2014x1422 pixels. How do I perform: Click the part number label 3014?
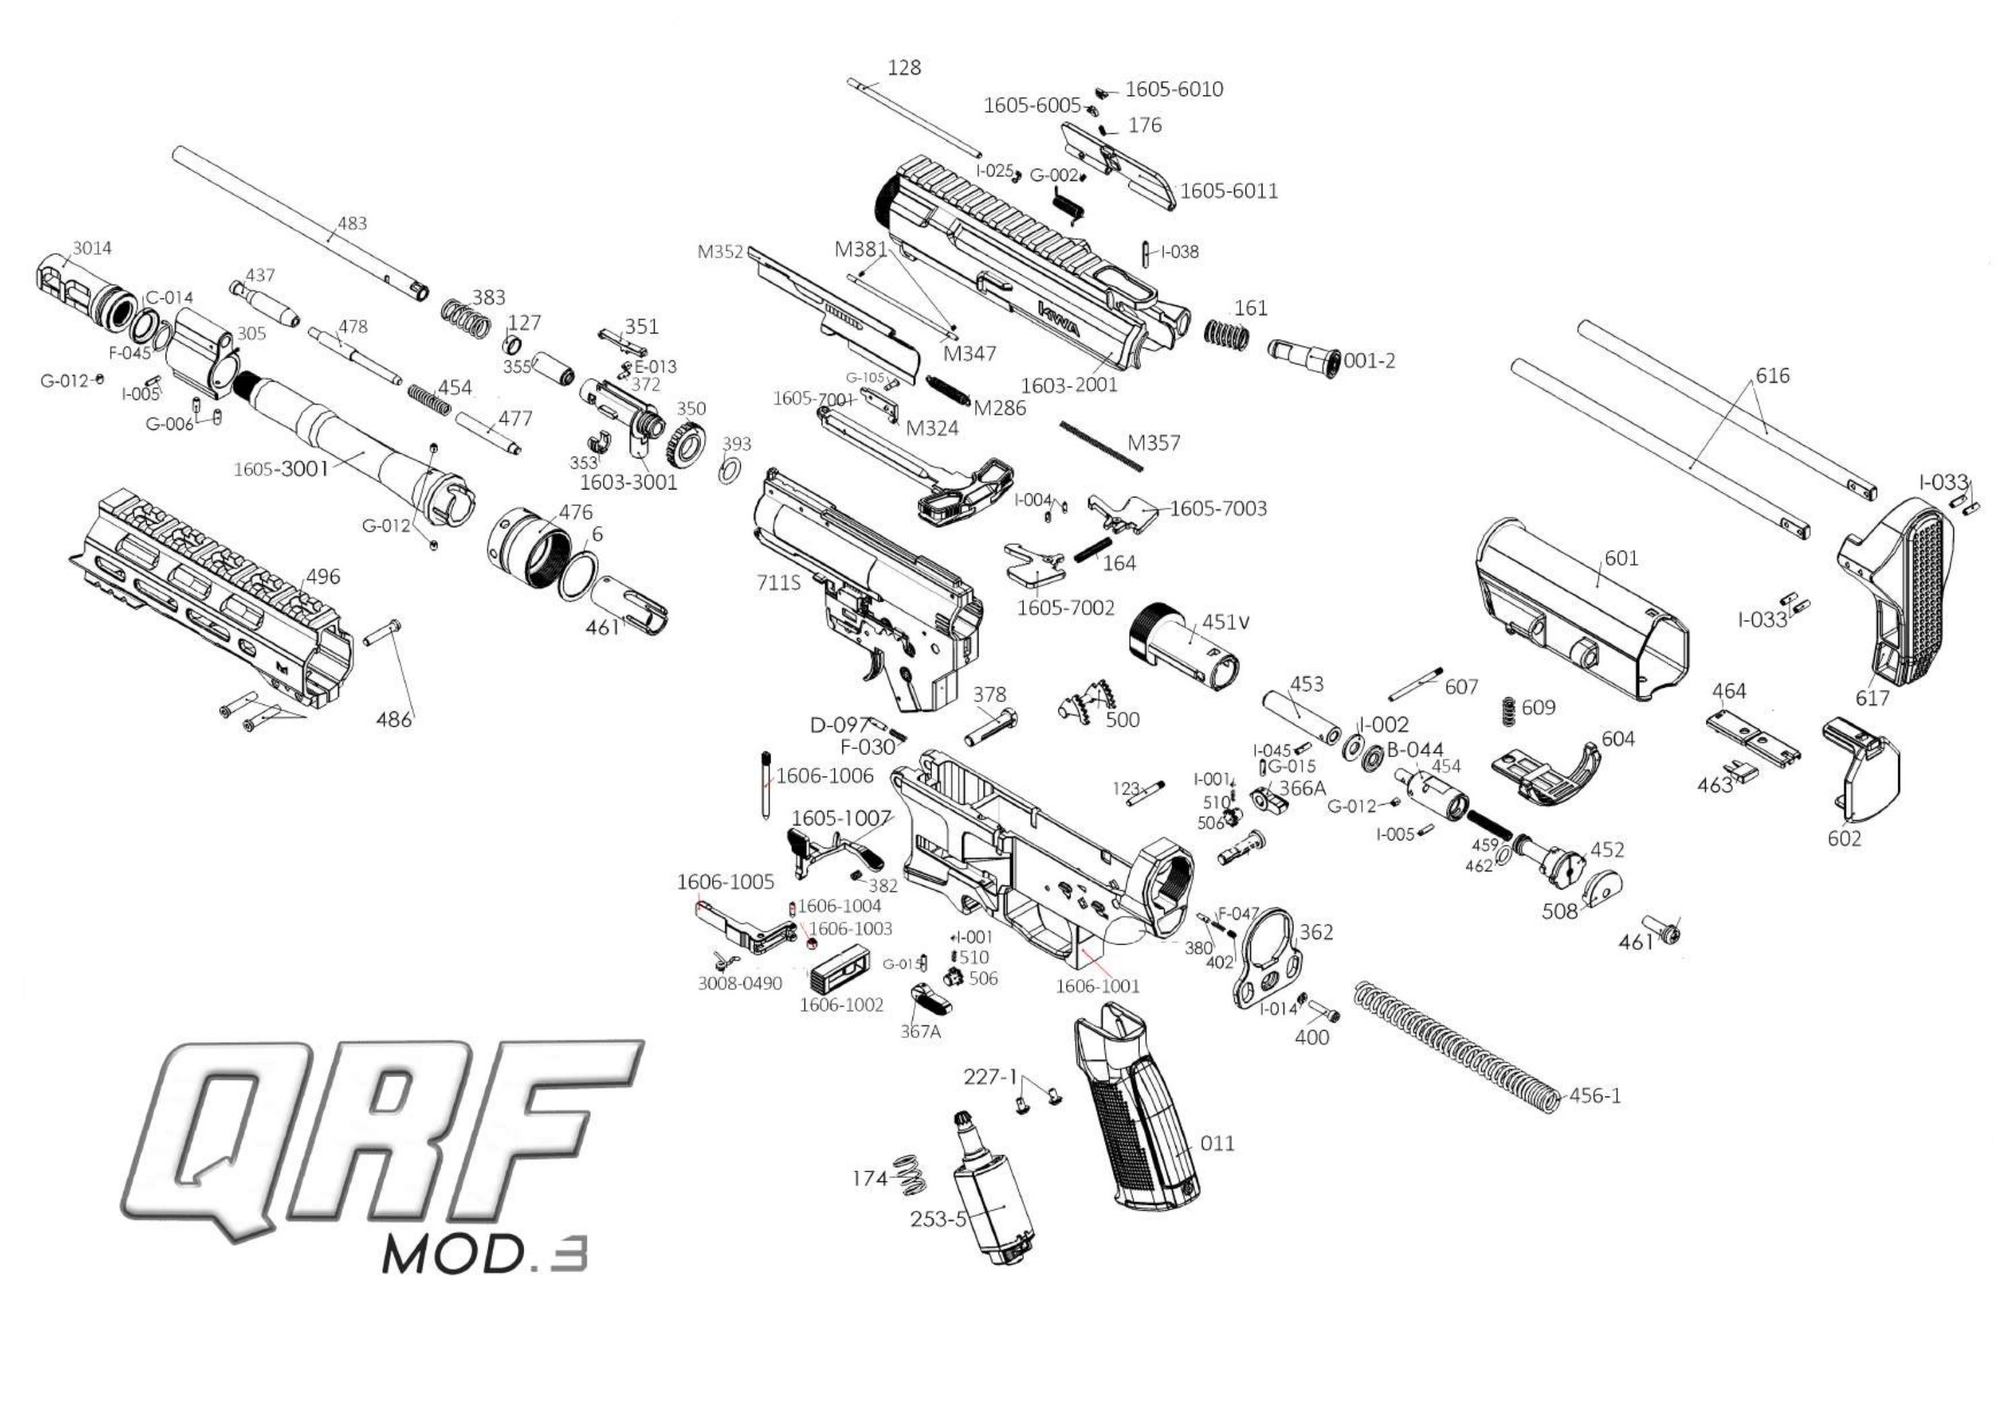tap(92, 248)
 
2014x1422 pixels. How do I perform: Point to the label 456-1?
tap(1595, 1096)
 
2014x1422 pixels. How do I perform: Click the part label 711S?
tap(778, 582)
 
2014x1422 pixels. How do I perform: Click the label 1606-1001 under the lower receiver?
tap(1096, 986)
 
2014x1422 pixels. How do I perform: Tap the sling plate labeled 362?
tap(1263, 964)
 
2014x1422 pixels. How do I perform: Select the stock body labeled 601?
tap(1579, 614)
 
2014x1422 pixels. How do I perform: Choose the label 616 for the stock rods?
tap(1772, 375)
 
